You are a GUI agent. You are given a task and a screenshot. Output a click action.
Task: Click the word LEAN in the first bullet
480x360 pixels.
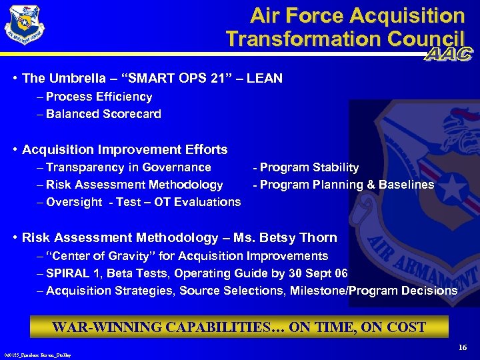coord(265,79)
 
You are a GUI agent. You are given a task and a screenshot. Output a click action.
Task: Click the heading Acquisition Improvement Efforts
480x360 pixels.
coord(125,149)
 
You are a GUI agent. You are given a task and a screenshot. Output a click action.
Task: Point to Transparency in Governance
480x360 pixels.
coord(128,167)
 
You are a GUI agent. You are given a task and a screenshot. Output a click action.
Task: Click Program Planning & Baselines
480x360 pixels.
coord(347,185)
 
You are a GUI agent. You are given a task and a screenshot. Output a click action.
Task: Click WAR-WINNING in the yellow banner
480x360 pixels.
coord(102,327)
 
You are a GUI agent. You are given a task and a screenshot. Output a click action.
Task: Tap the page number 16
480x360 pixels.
coord(463,348)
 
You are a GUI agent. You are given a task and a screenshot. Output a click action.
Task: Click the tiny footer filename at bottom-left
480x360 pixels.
coord(37,356)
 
